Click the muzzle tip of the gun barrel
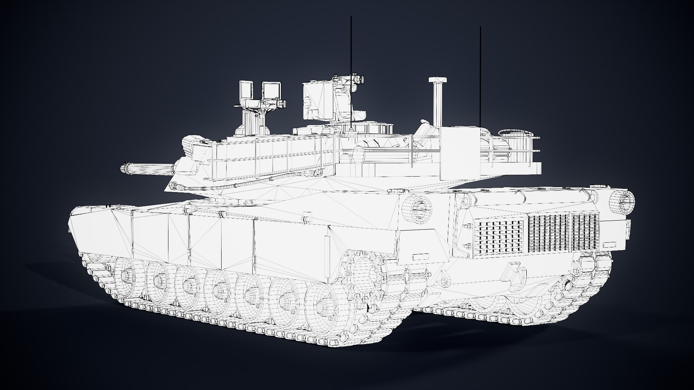(x=123, y=168)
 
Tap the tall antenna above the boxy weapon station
(x=351, y=54)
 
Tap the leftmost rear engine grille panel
(x=498, y=236)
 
